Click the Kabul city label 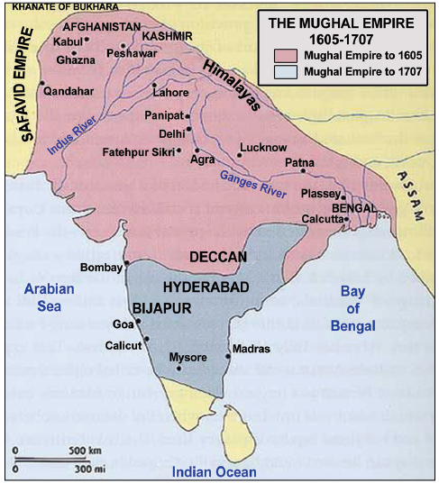point(69,41)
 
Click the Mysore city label point(188,358)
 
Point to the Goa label point(120,324)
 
